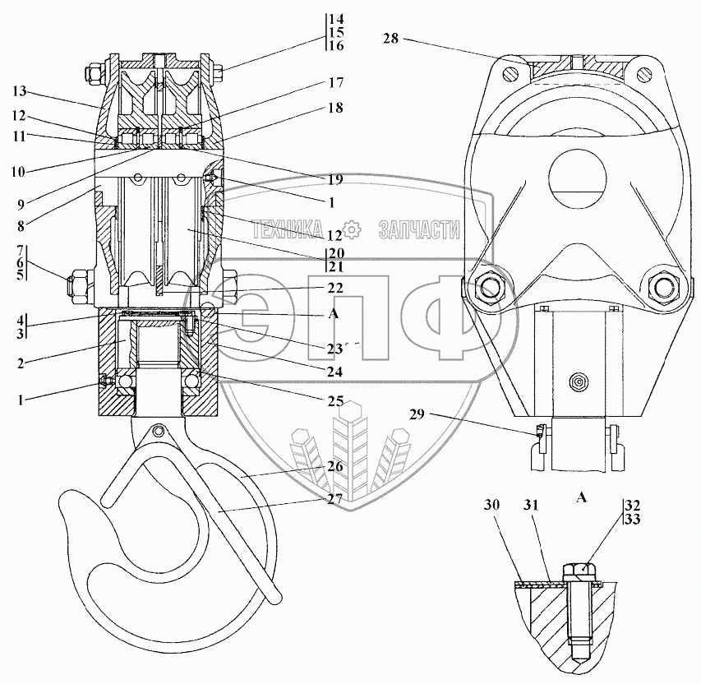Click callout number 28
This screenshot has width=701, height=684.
tap(390, 39)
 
